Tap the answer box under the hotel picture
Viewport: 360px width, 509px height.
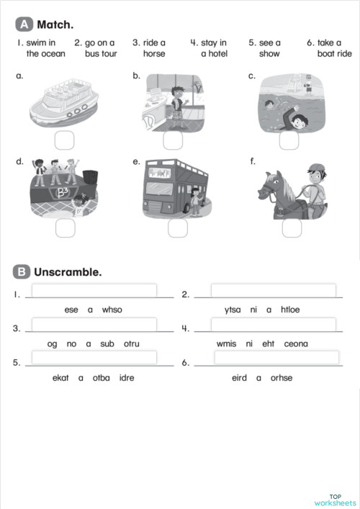tap(173, 140)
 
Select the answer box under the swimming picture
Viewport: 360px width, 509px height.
tap(289, 140)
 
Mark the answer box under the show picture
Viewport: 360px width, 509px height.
tap(66, 228)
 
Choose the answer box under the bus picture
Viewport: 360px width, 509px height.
tap(178, 228)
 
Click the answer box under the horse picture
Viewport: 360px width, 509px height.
tap(292, 228)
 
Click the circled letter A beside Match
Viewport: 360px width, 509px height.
tap(24, 24)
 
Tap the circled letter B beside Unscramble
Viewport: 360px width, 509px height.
tap(22, 271)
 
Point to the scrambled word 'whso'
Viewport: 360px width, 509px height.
tap(112, 310)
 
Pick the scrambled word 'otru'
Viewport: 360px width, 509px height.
tap(131, 343)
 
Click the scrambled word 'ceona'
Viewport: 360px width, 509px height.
tap(295, 343)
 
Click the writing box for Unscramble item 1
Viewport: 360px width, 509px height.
tap(94, 290)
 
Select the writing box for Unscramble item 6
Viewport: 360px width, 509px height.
tap(276, 358)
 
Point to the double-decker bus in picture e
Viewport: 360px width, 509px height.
tap(169, 187)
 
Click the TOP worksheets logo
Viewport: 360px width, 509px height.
tap(335, 499)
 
